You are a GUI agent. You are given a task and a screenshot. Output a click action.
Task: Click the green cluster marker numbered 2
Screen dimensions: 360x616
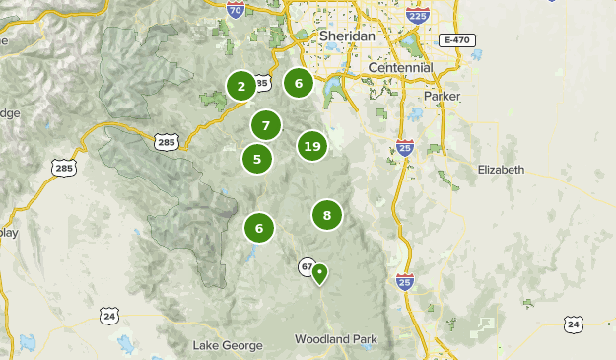click(240, 87)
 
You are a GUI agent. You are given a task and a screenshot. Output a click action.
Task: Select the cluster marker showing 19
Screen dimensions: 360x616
click(312, 146)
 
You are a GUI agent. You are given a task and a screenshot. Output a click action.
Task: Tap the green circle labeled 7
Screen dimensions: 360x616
click(265, 125)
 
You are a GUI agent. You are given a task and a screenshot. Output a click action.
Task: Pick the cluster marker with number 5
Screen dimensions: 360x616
click(257, 158)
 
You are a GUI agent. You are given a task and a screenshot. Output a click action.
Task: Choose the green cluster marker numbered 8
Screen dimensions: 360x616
click(326, 214)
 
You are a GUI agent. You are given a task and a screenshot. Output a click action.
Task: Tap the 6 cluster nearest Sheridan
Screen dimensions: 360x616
click(298, 83)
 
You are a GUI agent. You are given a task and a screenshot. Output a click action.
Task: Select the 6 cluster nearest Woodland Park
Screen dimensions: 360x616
click(259, 228)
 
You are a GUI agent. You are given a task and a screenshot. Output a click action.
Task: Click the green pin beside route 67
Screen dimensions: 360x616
click(319, 274)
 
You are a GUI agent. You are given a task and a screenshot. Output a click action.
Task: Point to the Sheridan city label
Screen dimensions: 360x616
click(348, 36)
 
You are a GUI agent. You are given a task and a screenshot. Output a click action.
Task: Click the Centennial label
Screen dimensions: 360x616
click(400, 68)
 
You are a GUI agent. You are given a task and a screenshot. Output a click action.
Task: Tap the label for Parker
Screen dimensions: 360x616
click(441, 97)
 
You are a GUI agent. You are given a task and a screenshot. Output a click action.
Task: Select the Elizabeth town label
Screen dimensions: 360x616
click(501, 170)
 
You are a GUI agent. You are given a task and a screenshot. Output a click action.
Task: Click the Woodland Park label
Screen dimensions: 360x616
click(335, 339)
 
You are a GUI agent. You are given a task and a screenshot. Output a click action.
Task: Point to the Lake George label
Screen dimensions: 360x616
click(228, 345)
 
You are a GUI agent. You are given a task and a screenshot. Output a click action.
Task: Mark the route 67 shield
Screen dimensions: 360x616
click(307, 266)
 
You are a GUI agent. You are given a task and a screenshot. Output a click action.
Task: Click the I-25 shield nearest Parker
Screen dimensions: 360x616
click(405, 148)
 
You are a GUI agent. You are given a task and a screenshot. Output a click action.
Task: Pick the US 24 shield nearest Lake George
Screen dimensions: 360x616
click(108, 316)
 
